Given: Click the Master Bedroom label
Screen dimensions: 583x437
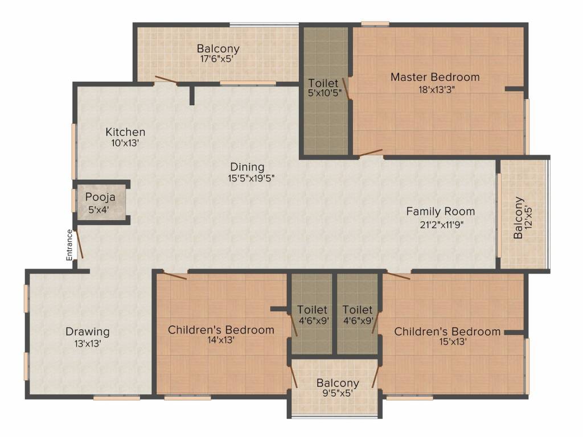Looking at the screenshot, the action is (x=435, y=77).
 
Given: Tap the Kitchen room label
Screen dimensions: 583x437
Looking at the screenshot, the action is (x=125, y=132).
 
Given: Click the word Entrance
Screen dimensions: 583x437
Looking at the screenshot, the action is (x=69, y=245).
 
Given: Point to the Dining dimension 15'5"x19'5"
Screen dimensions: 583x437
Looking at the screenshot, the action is (x=251, y=178).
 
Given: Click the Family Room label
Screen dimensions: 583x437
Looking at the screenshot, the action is (x=441, y=212).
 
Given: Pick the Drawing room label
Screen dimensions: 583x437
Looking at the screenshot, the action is (x=88, y=332).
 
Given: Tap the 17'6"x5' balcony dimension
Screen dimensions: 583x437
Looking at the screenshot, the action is (x=217, y=59).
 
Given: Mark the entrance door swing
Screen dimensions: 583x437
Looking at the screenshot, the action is (x=79, y=244).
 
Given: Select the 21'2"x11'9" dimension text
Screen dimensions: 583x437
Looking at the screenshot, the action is (x=441, y=224).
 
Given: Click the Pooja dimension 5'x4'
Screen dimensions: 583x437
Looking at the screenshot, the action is (x=98, y=209).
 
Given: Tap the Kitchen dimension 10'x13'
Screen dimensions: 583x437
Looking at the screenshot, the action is (x=125, y=143).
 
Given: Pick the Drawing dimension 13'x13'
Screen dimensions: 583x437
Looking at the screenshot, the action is (x=88, y=343).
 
